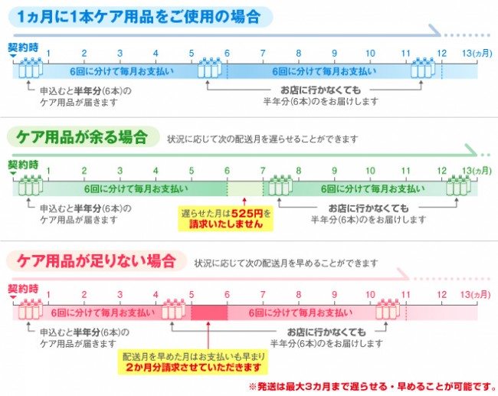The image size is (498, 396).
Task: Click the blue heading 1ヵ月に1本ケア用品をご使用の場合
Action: coord(139,17)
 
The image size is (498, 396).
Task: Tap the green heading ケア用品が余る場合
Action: coord(82,137)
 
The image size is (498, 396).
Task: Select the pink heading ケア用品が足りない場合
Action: coord(97,261)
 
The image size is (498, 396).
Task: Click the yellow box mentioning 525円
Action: coord(225,218)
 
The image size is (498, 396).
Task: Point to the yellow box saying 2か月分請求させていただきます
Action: coord(193,362)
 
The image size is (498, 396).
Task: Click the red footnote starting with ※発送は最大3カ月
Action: coord(372,387)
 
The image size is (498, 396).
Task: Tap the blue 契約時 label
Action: coord(23,47)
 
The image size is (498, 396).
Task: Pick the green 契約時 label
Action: coord(23,165)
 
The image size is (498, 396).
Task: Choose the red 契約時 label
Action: coord(23,289)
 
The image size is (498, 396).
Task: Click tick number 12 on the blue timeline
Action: coord(441,54)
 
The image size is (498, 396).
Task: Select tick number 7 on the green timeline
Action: coord(263,171)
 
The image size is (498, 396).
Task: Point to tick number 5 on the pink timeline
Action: coord(192,295)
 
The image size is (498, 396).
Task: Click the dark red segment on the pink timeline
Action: coord(209,313)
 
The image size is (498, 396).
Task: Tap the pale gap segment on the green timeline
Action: coord(245,189)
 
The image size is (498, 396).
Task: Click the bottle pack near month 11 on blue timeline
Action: coord(423,67)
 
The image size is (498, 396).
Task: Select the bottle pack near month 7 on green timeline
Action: coord(280,185)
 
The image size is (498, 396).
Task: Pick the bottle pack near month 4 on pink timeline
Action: coord(174,309)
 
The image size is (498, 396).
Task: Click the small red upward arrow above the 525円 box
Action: coord(244,202)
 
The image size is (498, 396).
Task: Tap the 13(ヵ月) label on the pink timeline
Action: coord(476,295)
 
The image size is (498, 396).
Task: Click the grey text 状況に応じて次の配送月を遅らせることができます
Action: coord(263,139)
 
